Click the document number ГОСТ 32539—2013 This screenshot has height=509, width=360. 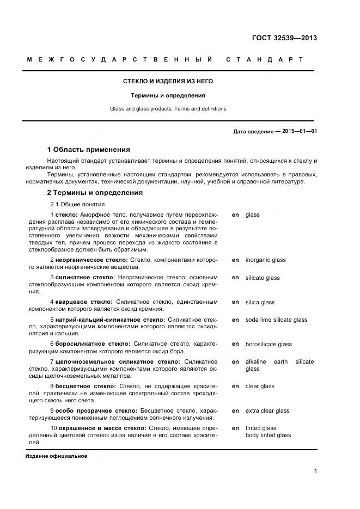coord(284,38)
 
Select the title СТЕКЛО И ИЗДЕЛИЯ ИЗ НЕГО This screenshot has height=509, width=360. coord(168,81)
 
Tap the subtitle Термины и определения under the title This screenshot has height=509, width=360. coord(168,95)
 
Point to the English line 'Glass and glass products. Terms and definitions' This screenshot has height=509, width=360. coord(168,109)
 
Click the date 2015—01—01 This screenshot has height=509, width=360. coord(300,132)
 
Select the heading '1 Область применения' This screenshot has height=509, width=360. coord(88,149)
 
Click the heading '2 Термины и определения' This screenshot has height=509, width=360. coord(95,192)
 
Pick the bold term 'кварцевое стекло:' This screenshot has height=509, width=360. coord(84,302)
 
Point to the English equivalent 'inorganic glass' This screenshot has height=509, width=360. coord(265,260)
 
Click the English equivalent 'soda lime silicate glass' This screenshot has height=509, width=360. coord(276,320)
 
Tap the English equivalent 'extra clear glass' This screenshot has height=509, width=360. coord(267,410)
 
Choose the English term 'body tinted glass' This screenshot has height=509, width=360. coord(268,435)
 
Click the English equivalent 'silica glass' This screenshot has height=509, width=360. coord(260,302)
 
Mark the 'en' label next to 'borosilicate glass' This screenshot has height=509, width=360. coord(235,344)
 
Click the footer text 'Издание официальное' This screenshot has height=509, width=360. coord(56,456)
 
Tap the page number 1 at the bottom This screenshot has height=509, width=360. coord(315,471)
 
